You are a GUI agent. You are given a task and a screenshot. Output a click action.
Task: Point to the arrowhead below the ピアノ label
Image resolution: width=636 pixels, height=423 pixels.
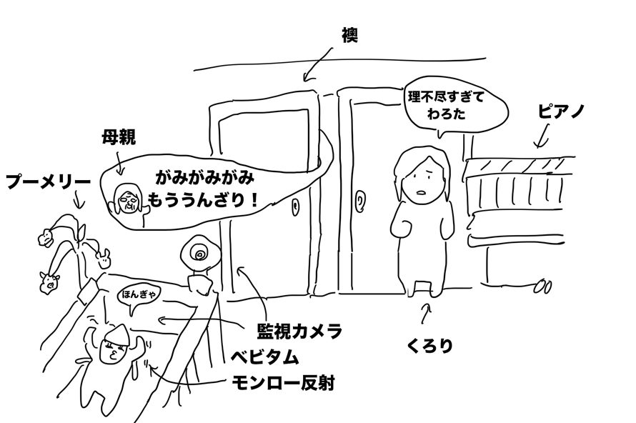point(539,146)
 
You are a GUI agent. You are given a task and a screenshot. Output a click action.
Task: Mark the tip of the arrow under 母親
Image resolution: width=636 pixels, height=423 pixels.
point(120,174)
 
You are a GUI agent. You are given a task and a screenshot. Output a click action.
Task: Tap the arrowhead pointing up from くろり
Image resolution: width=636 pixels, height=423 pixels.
point(427,305)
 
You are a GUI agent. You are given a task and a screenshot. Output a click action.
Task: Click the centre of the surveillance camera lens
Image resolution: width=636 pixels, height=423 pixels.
point(200,254)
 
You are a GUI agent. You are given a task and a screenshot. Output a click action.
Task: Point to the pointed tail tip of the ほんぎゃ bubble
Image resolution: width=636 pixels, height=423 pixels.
point(131,315)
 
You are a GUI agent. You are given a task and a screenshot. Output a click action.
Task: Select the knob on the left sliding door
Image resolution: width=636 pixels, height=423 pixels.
point(295,206)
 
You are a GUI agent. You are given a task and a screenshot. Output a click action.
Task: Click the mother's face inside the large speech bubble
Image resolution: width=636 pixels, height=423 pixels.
point(127,198)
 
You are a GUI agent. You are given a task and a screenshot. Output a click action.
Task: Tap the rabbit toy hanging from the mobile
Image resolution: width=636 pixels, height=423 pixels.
point(104,257)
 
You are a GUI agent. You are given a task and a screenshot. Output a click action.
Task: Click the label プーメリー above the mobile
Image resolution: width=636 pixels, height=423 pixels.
point(48,181)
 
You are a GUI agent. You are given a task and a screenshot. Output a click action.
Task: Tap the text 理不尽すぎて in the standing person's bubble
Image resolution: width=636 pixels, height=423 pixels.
point(446,97)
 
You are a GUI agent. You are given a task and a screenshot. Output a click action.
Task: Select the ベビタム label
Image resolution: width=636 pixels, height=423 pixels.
point(265,357)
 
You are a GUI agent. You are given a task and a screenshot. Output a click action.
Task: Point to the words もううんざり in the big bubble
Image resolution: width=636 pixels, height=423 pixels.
point(197,199)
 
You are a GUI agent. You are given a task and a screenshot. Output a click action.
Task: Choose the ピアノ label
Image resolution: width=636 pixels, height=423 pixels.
point(561,111)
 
